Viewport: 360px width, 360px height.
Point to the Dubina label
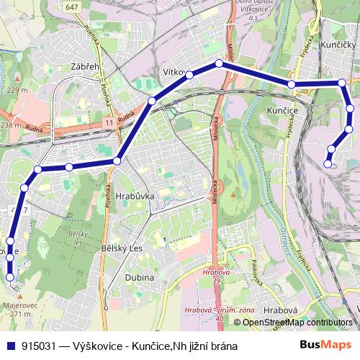tap(139, 277)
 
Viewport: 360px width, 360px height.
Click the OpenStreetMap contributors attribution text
tap(297, 322)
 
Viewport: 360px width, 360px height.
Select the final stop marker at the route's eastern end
tap(328, 164)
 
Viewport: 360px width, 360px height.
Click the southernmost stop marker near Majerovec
tap(10, 276)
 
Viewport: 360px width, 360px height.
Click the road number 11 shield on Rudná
tap(108, 124)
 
